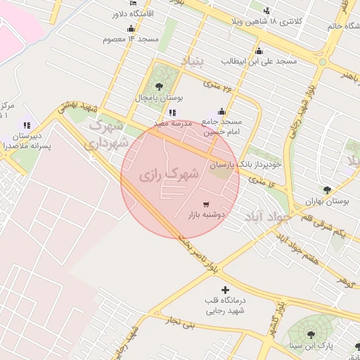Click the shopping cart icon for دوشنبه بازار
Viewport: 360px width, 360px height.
205,204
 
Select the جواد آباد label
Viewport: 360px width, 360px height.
267,217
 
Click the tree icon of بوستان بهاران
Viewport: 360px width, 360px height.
327,189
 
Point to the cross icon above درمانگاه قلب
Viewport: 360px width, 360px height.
225,290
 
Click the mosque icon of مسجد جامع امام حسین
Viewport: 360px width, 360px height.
222,110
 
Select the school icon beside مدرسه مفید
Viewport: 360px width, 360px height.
173,112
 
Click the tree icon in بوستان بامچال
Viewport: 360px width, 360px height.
158,86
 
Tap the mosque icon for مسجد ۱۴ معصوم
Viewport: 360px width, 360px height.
131,28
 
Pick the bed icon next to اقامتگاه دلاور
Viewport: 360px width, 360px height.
134,4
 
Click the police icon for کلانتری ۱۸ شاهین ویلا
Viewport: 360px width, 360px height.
266,11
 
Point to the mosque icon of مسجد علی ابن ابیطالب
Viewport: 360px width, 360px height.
259,51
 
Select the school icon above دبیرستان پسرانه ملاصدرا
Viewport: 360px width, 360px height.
27,125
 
